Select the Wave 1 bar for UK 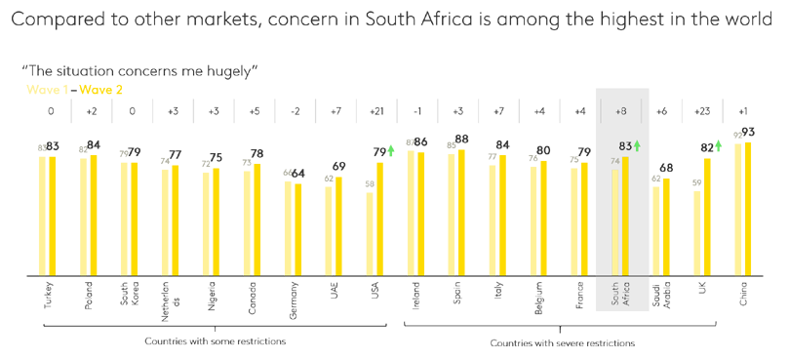(697, 233)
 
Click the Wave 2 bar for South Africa (625, 217)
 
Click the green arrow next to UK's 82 (719, 145)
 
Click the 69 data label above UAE (339, 167)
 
